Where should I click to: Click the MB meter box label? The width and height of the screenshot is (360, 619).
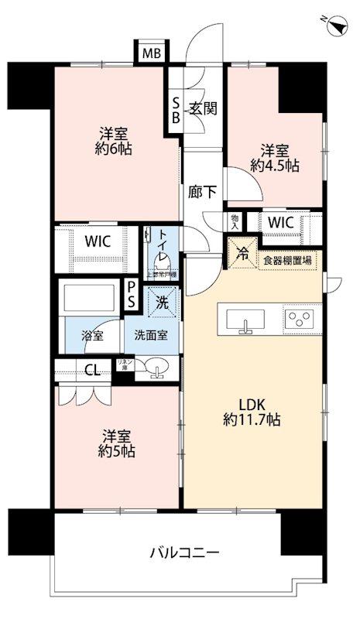[152, 53]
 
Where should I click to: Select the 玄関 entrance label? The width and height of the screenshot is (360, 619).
[204, 108]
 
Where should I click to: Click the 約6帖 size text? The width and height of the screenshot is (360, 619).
[114, 147]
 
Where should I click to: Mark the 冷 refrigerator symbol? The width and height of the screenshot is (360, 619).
[242, 251]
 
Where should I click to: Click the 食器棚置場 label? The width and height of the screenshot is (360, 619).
[286, 261]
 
